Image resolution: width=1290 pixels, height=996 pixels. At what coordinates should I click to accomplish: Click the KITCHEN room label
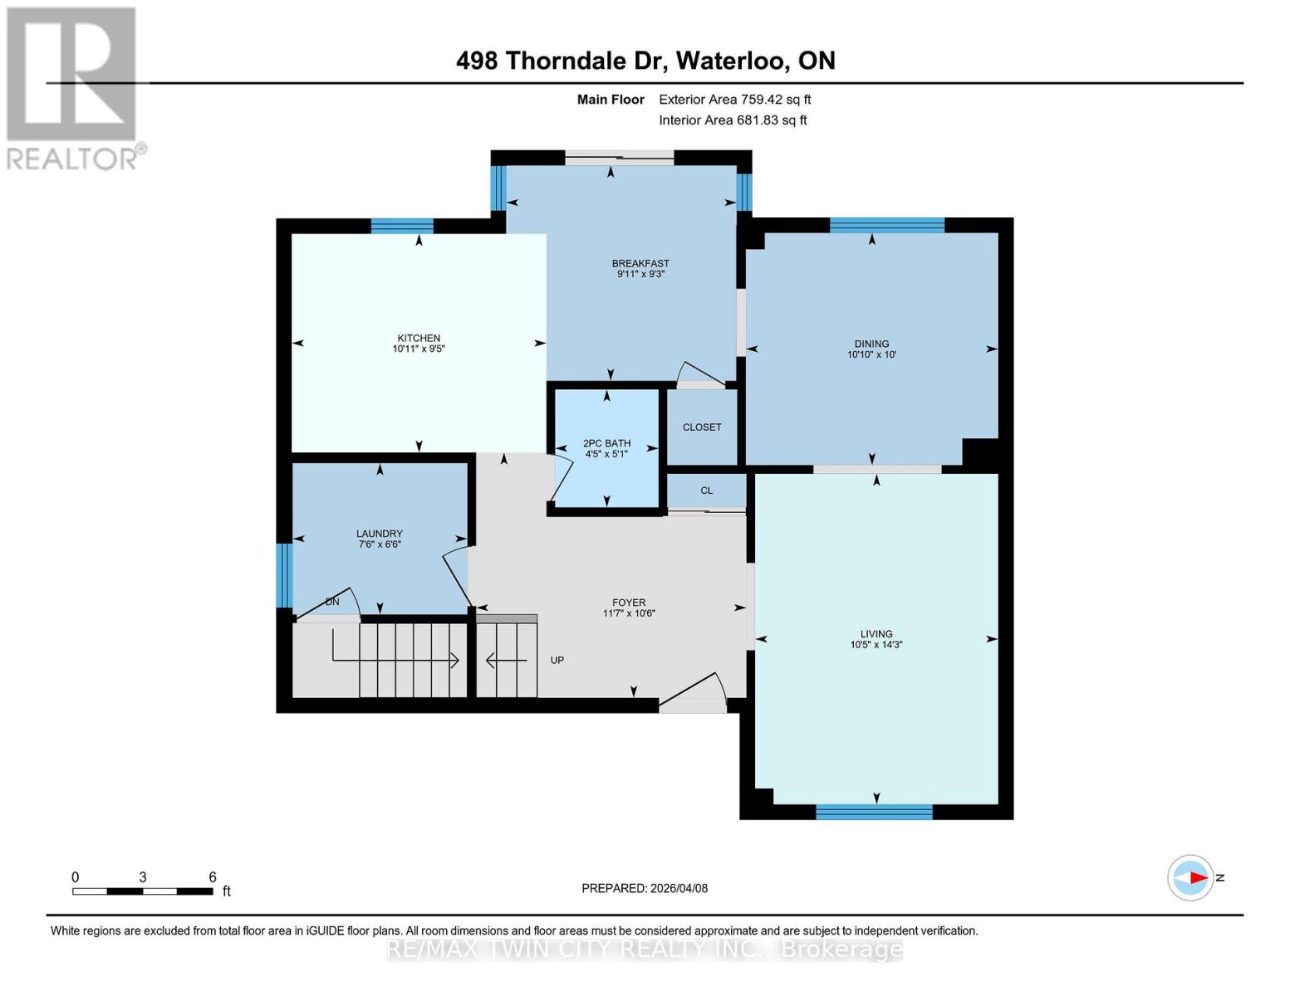click(418, 338)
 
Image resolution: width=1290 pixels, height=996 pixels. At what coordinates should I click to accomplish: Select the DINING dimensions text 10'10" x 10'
click(871, 354)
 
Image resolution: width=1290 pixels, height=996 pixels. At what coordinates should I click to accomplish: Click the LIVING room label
click(876, 633)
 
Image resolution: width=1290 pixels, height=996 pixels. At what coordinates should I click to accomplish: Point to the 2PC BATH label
click(606, 443)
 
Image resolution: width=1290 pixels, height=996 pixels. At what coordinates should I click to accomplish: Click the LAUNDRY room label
click(379, 534)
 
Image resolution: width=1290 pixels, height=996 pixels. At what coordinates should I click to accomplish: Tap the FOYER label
click(629, 603)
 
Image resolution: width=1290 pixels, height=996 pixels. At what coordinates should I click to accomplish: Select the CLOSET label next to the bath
click(702, 427)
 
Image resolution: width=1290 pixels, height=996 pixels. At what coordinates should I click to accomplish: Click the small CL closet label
click(706, 491)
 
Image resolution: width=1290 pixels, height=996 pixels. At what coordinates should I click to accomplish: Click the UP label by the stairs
click(557, 660)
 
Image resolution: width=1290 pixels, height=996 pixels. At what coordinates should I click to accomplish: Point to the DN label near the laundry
click(332, 602)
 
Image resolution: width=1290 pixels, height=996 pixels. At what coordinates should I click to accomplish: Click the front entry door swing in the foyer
click(694, 692)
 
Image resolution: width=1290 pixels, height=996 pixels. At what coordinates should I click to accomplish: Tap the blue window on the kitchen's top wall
click(401, 226)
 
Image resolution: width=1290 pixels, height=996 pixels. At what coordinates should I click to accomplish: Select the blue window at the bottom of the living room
click(874, 812)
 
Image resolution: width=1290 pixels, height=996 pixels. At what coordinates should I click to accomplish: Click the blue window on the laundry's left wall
click(284, 575)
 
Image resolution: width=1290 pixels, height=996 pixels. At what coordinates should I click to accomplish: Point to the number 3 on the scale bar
click(143, 877)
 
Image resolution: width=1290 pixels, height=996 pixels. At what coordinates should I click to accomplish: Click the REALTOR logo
click(73, 87)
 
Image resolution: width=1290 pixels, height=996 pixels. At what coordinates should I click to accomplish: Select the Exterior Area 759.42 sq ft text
click(734, 100)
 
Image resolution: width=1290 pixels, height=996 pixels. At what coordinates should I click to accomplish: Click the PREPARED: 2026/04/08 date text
click(645, 888)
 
